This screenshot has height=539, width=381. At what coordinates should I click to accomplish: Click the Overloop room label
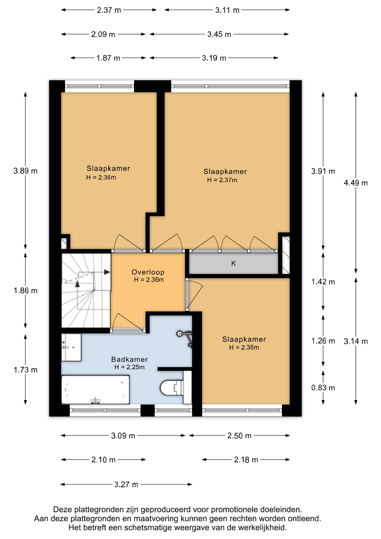[148, 272]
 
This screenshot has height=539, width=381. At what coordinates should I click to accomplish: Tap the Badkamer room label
[129, 359]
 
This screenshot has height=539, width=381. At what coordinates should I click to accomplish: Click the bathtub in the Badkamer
[95, 390]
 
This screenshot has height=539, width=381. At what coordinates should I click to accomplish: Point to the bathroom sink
[71, 347]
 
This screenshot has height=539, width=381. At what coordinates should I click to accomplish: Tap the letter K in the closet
[233, 263]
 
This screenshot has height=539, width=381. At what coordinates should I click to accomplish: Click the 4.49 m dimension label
[356, 183]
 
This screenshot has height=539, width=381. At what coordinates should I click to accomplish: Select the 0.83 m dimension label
[323, 388]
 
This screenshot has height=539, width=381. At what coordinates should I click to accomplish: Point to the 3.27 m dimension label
[126, 485]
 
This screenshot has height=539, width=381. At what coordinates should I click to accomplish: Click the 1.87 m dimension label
[108, 58]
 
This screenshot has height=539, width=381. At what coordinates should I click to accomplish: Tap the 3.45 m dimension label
[219, 34]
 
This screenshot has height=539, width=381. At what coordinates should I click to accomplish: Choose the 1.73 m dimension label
[26, 370]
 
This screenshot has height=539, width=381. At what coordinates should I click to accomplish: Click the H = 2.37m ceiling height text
[222, 180]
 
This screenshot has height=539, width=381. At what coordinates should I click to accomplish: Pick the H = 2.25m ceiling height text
[129, 367]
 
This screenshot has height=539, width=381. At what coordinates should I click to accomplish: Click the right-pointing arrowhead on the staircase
[107, 272]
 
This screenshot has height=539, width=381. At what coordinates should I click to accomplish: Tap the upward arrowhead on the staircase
[77, 284]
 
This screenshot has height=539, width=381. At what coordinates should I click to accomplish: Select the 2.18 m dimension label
[246, 460]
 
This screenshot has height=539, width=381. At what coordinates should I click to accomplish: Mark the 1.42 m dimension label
[323, 282]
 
